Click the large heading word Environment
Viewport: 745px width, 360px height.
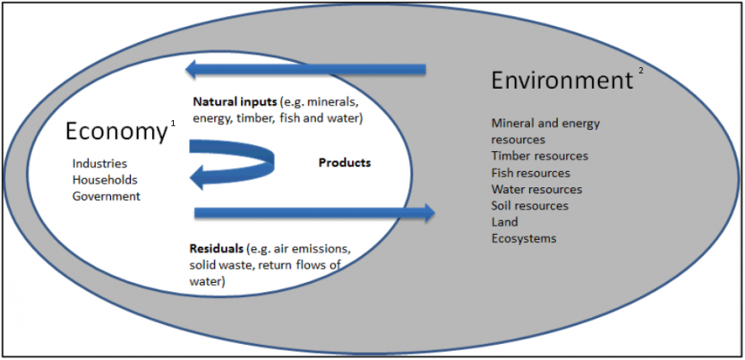pyautogui.click(x=561, y=81)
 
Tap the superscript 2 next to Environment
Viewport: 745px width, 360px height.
pyautogui.click(x=640, y=73)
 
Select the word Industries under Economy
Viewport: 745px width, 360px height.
pyautogui.click(x=99, y=164)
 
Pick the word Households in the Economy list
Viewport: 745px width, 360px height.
pyautogui.click(x=104, y=180)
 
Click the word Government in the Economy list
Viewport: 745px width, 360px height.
pyautogui.click(x=107, y=196)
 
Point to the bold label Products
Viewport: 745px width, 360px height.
pyautogui.click(x=344, y=163)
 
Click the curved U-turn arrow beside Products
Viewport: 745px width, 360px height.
pyautogui.click(x=238, y=166)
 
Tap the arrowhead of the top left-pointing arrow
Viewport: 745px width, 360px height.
pyautogui.click(x=192, y=69)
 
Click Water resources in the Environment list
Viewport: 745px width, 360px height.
pyautogui.click(x=536, y=189)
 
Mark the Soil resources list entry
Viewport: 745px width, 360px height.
pyautogui.click(x=529, y=205)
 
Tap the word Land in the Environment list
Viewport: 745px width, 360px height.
pyautogui.click(x=504, y=221)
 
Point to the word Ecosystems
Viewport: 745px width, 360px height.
pyautogui.click(x=524, y=238)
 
